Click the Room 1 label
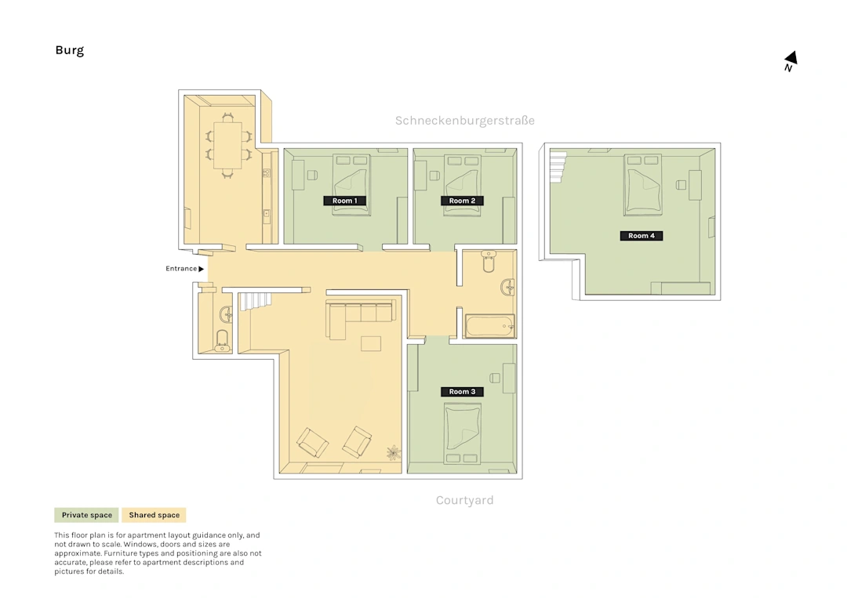pos(344,201)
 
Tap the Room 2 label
pos(462,201)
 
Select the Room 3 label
pos(462,392)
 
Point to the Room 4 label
pos(642,236)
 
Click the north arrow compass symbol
pos(791,60)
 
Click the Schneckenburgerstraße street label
pos(464,121)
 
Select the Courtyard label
pos(464,500)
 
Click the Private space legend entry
pos(86,516)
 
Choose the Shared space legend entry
pos(154,516)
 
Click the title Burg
pos(70,51)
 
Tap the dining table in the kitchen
pos(227,146)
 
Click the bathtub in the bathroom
pos(490,326)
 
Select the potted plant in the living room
pos(394,453)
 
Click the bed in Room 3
pos(462,434)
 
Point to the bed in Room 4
pos(643,185)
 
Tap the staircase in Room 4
pos(559,167)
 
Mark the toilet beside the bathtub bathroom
pos(489,261)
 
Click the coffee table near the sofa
pos(371,344)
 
